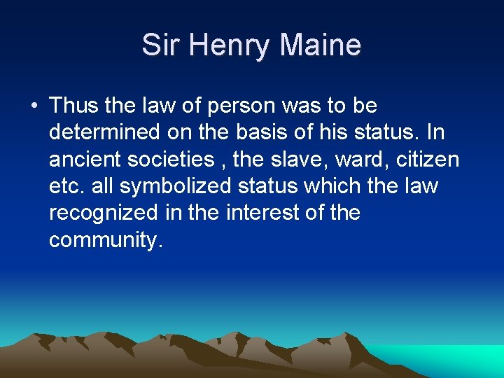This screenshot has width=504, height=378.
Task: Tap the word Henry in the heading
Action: pyautogui.click(x=223, y=45)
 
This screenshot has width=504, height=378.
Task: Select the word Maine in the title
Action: pyautogui.click(x=321, y=45)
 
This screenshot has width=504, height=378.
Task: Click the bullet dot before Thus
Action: pyautogui.click(x=34, y=107)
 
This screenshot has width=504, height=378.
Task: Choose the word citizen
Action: pyautogui.click(x=427, y=160)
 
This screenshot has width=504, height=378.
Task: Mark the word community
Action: pyautogui.click(x=106, y=240)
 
